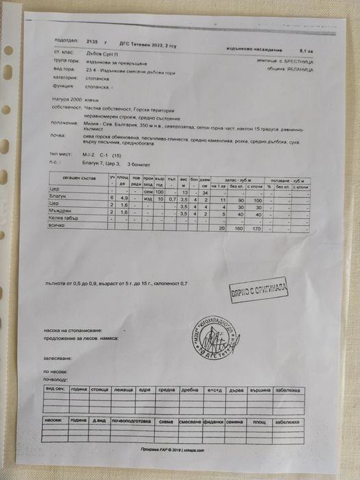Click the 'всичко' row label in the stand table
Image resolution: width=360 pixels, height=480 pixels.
[x=53, y=226]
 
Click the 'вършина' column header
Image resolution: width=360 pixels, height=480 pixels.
[x=259, y=389]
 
